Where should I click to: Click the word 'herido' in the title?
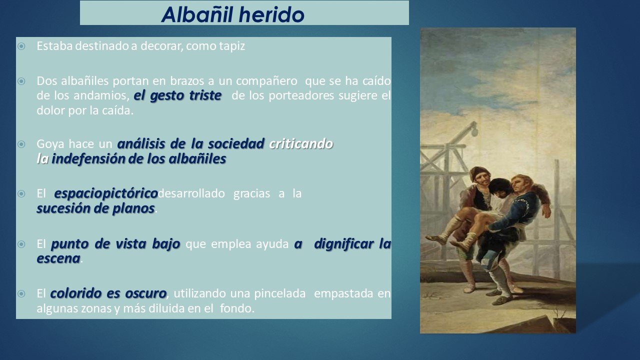[x=271, y=14]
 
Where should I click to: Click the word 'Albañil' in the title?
[x=197, y=14]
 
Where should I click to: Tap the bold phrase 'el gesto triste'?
[x=177, y=95]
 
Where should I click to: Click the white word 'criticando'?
[x=301, y=143]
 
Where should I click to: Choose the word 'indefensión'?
[x=88, y=159]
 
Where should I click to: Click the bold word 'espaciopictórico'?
[x=106, y=193]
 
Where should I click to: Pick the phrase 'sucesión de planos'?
[x=95, y=208]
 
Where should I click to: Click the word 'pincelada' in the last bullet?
[x=279, y=293]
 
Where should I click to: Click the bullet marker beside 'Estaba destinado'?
[x=21, y=46]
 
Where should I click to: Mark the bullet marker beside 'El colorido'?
[x=21, y=293]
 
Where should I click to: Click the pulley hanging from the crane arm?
[x=474, y=132]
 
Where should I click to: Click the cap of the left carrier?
[x=478, y=172]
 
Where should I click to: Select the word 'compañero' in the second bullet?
[x=266, y=81]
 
